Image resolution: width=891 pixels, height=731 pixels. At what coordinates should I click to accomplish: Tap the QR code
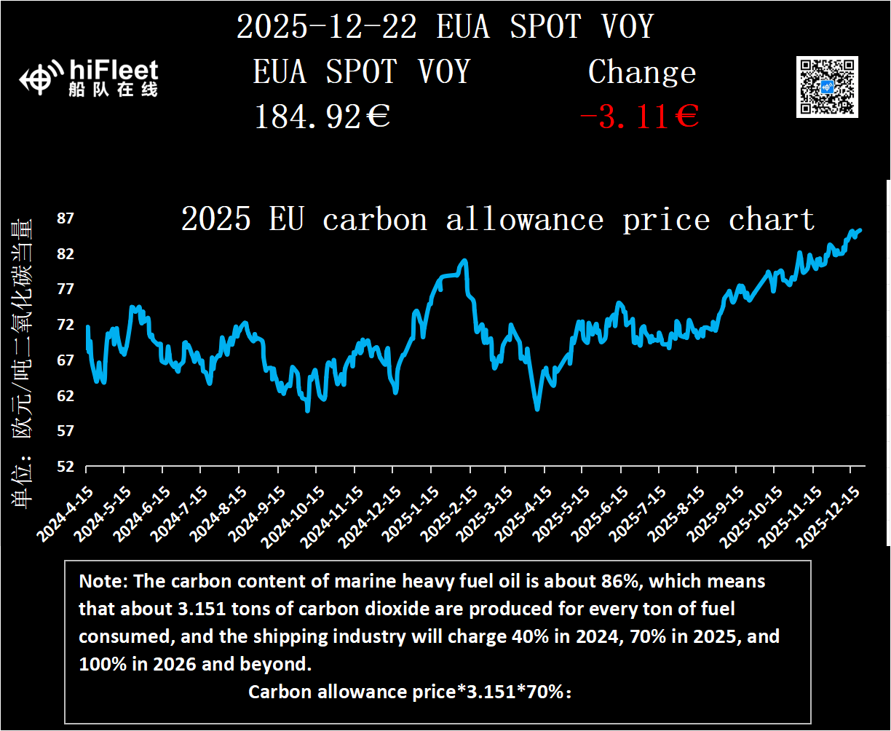click(x=827, y=87)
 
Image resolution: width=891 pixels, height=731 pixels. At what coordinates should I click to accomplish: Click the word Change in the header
click(x=641, y=73)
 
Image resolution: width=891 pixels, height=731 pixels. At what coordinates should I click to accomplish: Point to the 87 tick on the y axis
click(x=66, y=218)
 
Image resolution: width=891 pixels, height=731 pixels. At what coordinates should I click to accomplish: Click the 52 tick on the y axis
click(x=66, y=466)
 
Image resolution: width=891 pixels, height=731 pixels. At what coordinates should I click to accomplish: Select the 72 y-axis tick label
click(x=66, y=325)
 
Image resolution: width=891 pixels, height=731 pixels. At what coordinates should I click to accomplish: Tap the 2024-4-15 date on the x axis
click(x=65, y=513)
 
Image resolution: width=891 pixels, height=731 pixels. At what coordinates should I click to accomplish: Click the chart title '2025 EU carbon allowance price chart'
click(x=497, y=219)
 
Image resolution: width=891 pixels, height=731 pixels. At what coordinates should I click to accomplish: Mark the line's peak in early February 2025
click(x=464, y=261)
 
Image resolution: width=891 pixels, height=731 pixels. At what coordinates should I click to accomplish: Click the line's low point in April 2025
click(x=537, y=409)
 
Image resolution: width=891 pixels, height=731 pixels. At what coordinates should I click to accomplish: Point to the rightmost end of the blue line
click(x=860, y=230)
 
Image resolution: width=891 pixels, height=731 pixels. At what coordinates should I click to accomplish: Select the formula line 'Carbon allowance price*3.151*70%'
click(x=410, y=692)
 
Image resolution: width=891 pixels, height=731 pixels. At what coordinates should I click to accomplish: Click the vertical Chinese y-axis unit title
click(x=21, y=360)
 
